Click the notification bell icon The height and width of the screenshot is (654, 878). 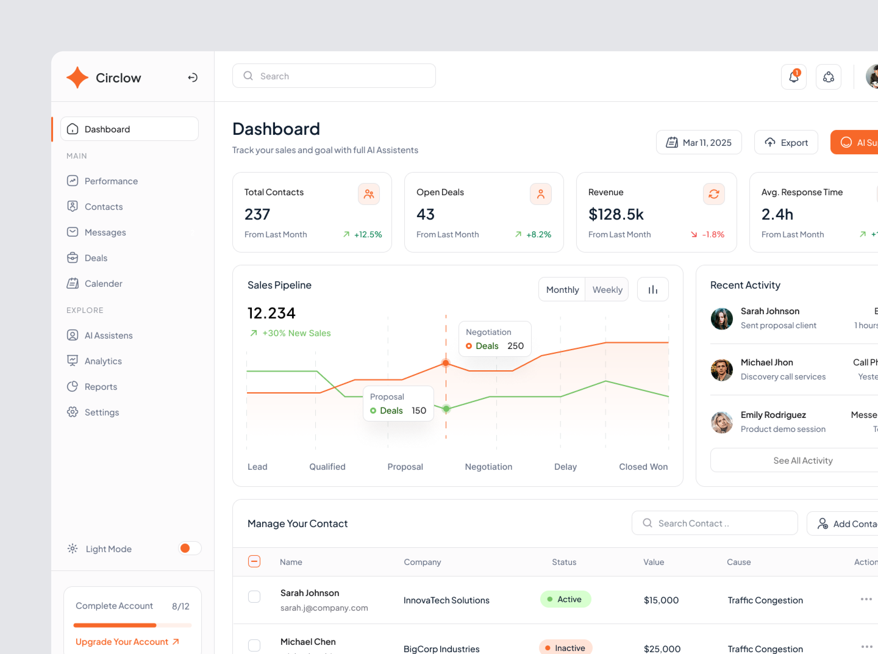[793, 77]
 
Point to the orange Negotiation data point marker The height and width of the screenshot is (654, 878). [446, 363]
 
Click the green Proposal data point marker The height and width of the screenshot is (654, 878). [446, 409]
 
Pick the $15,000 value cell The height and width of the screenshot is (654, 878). [661, 600]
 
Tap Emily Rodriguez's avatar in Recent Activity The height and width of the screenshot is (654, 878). [721, 422]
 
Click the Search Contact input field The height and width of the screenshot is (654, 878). [714, 523]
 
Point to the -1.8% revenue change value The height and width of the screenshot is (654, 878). [713, 234]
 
